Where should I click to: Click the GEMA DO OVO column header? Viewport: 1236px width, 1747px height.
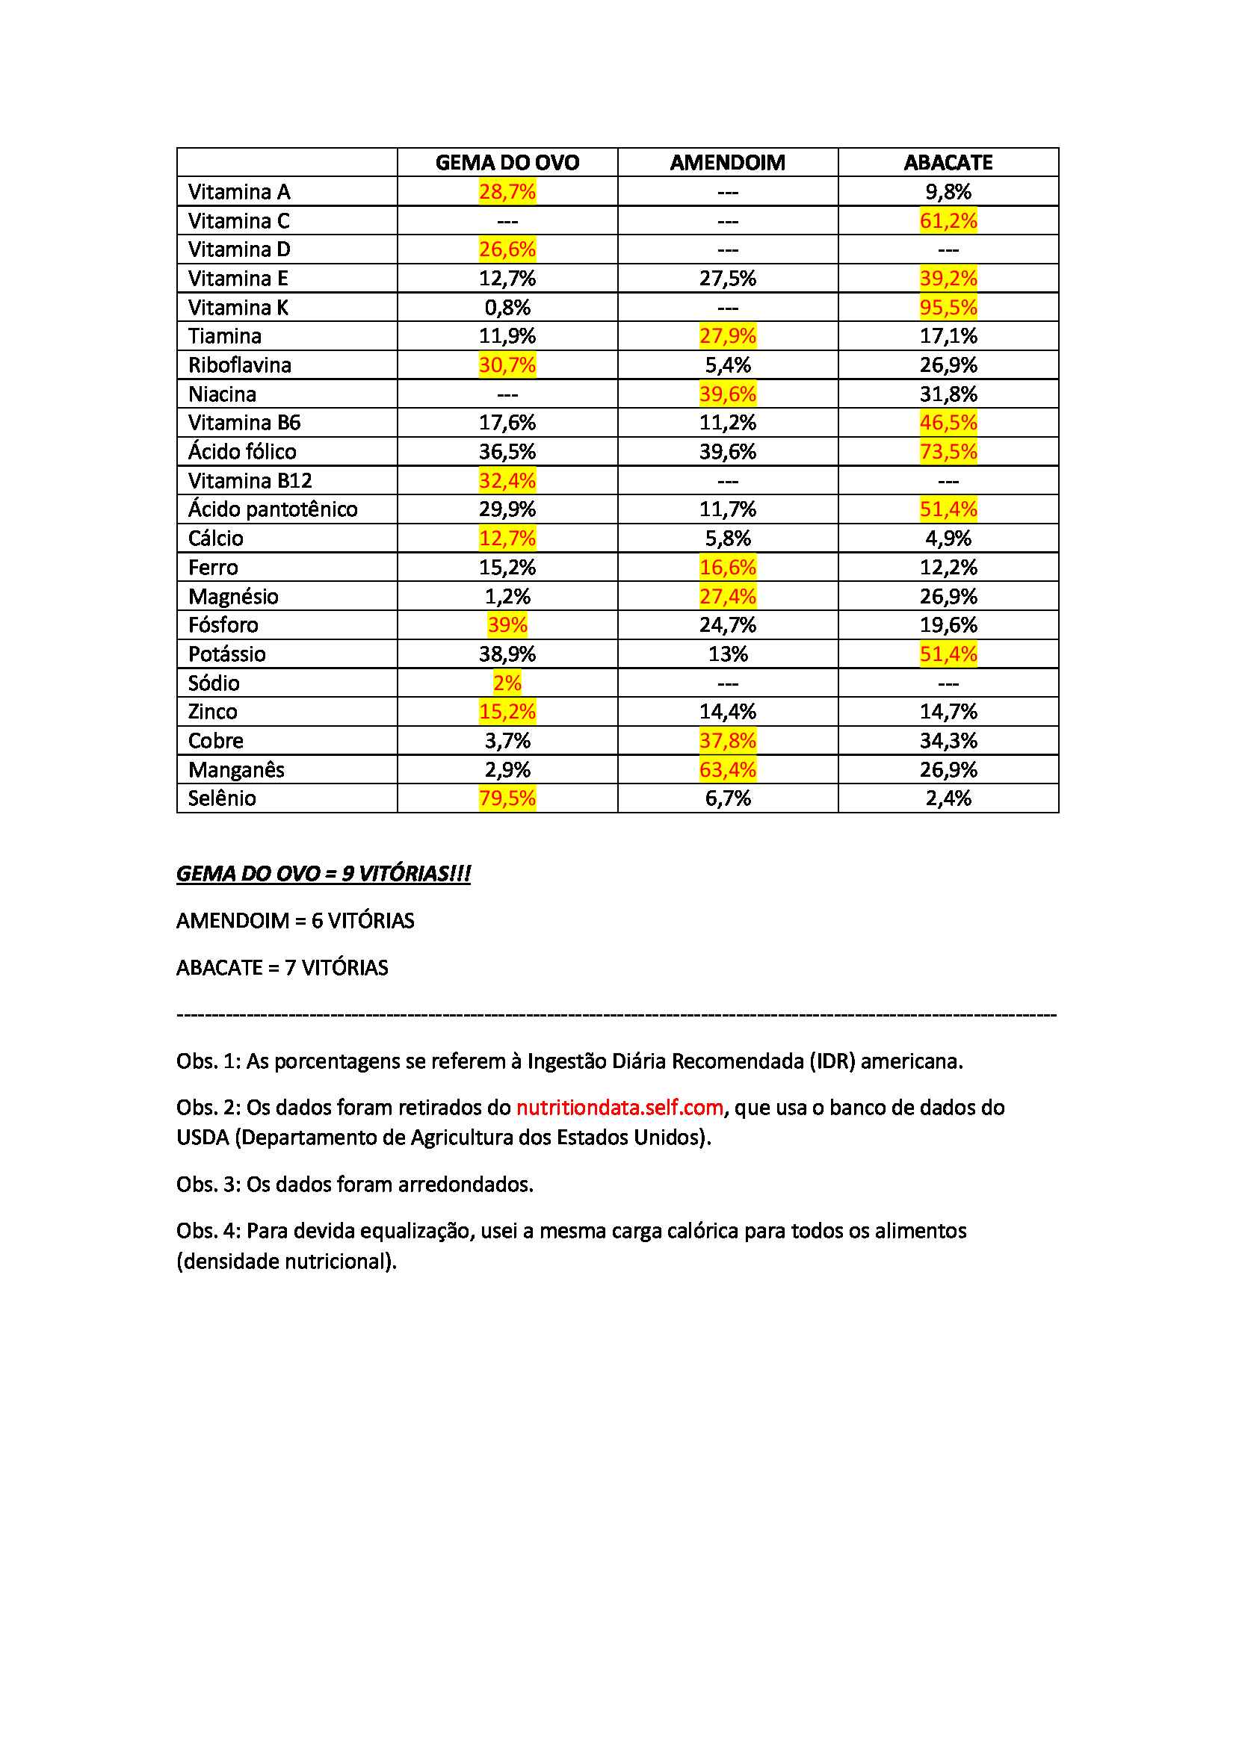507,162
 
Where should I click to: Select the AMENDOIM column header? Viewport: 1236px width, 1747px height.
727,162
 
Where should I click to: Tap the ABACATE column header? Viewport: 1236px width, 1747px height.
948,162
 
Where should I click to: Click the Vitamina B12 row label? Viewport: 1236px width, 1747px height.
250,481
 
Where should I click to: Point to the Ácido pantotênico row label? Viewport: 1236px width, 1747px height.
273,509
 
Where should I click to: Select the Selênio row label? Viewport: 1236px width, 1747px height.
221,798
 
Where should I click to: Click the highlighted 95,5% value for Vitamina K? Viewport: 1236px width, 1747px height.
948,308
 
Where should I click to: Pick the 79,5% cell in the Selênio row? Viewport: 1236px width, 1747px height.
507,798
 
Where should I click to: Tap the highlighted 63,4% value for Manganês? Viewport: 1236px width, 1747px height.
727,769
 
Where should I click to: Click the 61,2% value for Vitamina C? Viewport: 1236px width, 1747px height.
948,220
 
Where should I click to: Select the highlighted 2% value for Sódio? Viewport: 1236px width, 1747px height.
507,683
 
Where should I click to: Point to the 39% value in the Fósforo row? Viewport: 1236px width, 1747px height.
507,624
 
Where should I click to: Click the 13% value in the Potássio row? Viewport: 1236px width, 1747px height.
727,654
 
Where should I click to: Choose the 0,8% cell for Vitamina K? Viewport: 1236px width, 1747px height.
507,308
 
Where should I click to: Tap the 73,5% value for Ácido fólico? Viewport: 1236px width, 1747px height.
948,451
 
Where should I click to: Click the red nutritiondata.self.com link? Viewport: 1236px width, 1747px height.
619,1107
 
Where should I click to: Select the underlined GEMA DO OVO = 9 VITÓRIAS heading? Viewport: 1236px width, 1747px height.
324,874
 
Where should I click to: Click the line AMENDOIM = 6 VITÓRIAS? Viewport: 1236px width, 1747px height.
295,921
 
